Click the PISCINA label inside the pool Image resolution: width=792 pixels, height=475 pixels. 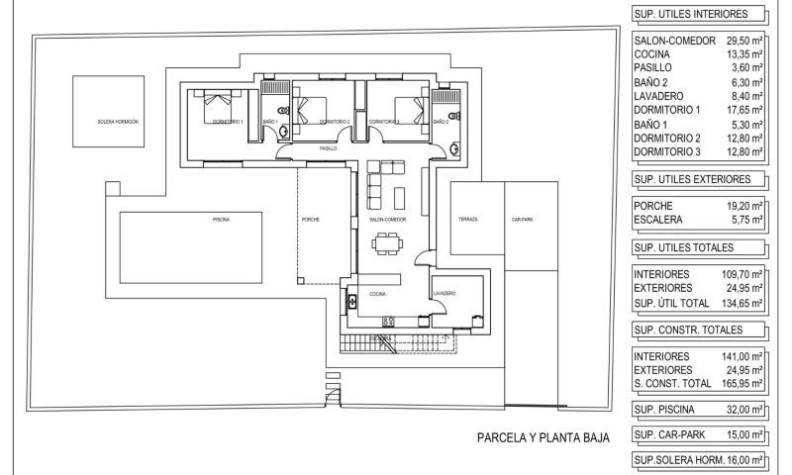[x=221, y=220]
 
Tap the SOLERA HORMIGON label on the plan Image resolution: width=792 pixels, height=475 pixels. [x=118, y=121]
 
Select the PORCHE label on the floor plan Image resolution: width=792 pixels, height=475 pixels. [x=310, y=220]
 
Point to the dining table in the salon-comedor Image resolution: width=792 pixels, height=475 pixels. [x=388, y=241]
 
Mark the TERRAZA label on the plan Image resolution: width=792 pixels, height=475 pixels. [x=468, y=220]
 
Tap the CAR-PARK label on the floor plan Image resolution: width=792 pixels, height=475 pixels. [x=522, y=220]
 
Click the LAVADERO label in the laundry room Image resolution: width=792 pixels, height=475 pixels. [x=445, y=294]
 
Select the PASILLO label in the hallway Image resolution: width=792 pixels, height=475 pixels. [x=327, y=147]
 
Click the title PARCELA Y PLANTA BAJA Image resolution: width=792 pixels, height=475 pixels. [x=543, y=436]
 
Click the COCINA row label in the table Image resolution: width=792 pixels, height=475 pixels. [x=652, y=54]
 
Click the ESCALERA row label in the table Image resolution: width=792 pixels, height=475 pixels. [x=661, y=220]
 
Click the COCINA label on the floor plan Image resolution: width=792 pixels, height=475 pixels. [x=378, y=294]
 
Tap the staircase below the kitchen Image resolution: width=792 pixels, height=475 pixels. [x=396, y=344]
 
